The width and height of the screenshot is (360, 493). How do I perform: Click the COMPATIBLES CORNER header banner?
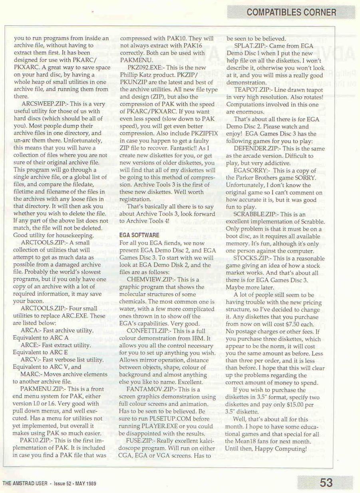(x=291, y=12)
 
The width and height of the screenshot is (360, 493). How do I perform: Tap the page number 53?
(x=326, y=483)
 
